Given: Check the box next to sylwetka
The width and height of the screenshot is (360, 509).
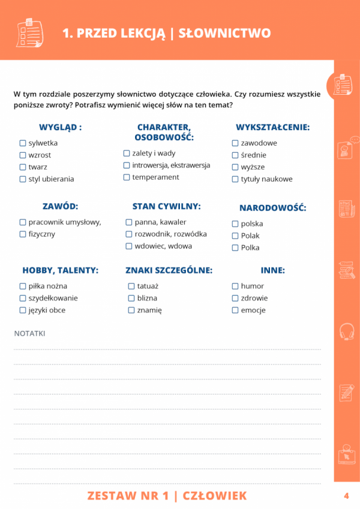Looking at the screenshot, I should pyautogui.click(x=23, y=143).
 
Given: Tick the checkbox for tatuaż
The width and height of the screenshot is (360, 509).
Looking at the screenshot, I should pyautogui.click(x=131, y=286).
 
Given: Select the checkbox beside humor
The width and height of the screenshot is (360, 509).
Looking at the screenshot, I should pyautogui.click(x=235, y=286).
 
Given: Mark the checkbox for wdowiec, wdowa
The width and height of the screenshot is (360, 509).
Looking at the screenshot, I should pyautogui.click(x=129, y=246).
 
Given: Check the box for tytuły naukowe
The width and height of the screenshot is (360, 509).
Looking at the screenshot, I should pyautogui.click(x=235, y=179).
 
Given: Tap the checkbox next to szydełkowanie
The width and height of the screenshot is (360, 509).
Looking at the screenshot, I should pyautogui.click(x=23, y=298).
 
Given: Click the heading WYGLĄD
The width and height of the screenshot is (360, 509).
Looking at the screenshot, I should pyautogui.click(x=60, y=128).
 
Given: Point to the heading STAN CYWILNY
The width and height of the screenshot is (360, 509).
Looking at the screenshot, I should pyautogui.click(x=166, y=206).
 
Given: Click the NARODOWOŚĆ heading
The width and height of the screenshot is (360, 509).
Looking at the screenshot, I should pyautogui.click(x=272, y=208).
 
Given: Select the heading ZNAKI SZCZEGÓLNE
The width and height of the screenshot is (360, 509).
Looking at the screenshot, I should pyautogui.click(x=169, y=270).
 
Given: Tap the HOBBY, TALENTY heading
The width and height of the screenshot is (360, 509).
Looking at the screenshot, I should pyautogui.click(x=60, y=270).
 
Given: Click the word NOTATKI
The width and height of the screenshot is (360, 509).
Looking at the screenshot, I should pyautogui.click(x=29, y=333).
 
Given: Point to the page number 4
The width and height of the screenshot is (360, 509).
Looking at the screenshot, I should pyautogui.click(x=346, y=496).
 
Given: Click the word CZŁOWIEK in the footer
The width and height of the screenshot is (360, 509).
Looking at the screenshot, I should pyautogui.click(x=214, y=496).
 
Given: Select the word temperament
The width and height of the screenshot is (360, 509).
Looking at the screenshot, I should pyautogui.click(x=155, y=177).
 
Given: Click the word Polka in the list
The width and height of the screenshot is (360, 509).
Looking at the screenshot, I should pyautogui.click(x=250, y=248).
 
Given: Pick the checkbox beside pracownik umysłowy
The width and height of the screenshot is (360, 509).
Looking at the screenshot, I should pyautogui.click(x=23, y=222).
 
